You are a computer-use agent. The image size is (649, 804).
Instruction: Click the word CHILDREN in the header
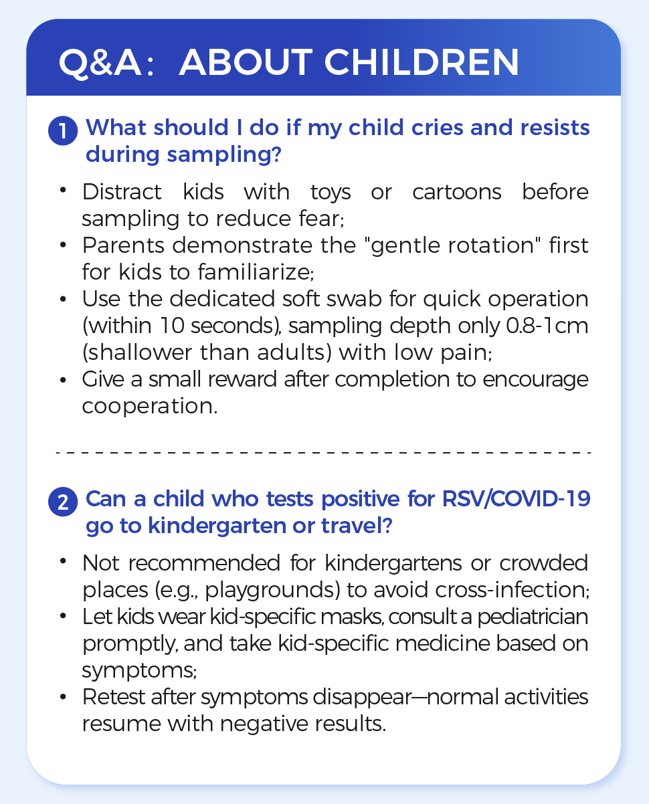422,63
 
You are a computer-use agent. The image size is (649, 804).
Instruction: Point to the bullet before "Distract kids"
63,193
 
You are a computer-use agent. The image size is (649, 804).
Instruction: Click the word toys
331,193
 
